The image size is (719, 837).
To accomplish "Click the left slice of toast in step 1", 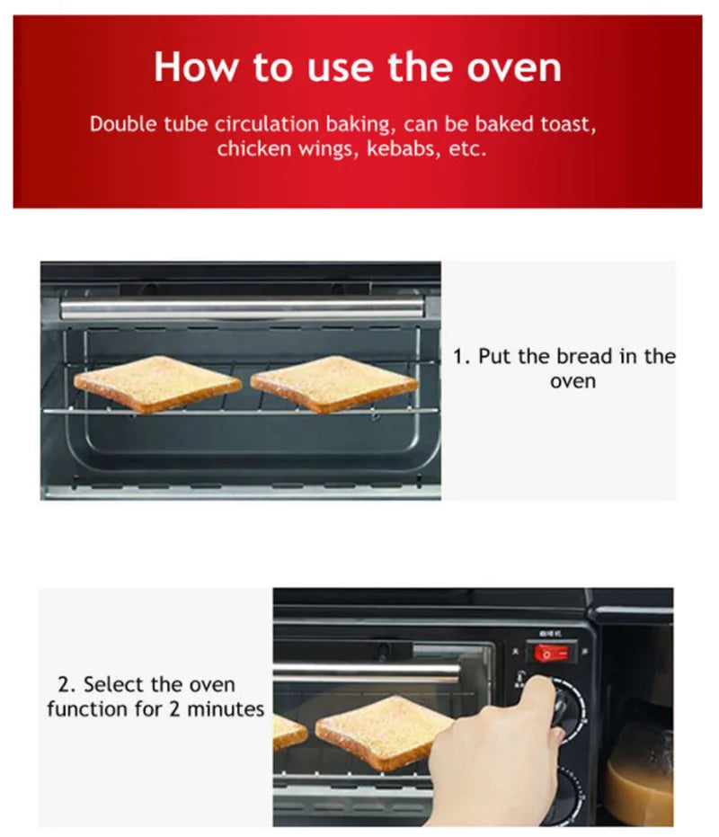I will [157, 384].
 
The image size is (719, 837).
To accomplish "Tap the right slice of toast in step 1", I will [333, 384].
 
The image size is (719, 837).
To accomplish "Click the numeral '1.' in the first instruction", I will [462, 357].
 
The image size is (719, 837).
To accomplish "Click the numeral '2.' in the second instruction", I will [67, 685].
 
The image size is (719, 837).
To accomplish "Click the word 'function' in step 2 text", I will [87, 709].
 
